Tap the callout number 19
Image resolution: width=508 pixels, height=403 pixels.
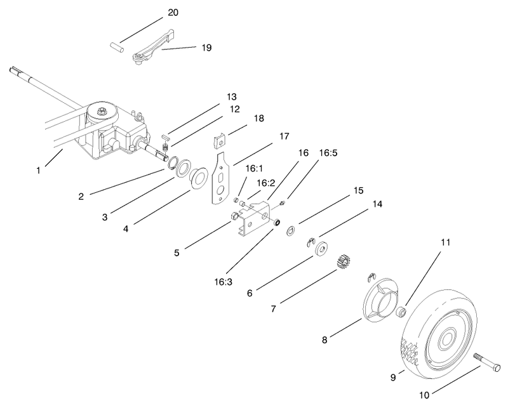tap(206, 47)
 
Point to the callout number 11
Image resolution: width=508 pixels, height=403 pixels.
tap(446, 242)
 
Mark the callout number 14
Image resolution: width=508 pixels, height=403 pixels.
tap(379, 204)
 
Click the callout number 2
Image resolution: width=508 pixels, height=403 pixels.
tap(81, 196)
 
